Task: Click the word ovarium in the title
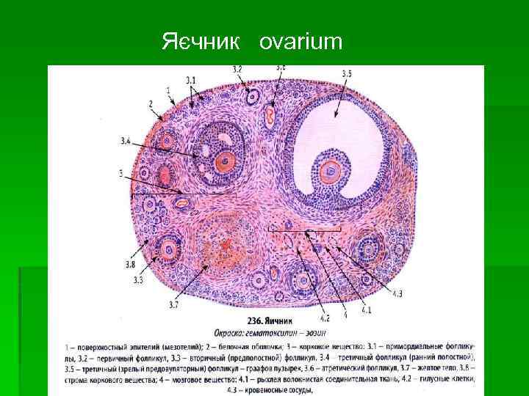[x=301, y=43]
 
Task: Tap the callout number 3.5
[x=346, y=73]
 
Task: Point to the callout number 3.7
[x=173, y=304]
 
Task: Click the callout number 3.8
[x=130, y=263]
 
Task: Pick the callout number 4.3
[x=397, y=294]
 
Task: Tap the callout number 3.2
[x=237, y=69]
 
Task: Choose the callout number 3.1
[x=191, y=79]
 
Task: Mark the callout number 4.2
[x=325, y=318]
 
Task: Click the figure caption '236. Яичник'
[x=269, y=320]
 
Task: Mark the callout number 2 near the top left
[x=151, y=103]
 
